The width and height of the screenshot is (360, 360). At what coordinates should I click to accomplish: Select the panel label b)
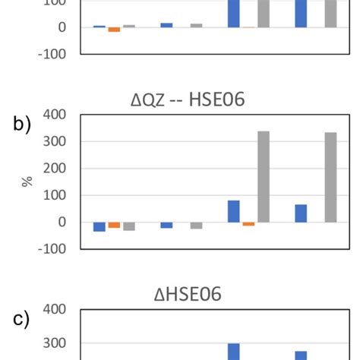tap(23, 125)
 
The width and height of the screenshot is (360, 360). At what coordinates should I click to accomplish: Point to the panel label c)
tap(23, 320)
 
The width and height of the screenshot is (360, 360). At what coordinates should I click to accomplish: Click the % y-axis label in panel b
tap(28, 182)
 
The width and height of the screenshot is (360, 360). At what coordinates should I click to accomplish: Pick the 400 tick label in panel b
tap(55, 115)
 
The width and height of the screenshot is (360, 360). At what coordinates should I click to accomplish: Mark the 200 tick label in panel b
tap(55, 169)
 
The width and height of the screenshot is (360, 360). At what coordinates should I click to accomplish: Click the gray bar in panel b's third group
tap(264, 176)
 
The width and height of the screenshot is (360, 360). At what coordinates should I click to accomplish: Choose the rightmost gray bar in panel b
tap(331, 177)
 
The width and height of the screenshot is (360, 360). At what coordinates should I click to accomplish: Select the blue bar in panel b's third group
tap(234, 211)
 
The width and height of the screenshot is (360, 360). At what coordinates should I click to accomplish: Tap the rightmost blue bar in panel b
tap(302, 213)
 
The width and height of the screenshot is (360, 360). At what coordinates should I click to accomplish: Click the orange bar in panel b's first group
tap(114, 225)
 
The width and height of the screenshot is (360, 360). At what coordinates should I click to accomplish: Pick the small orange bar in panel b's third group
tap(248, 224)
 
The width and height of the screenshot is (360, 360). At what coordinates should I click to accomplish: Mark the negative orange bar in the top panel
tap(114, 30)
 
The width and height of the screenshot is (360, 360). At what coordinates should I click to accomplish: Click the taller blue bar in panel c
tap(234, 352)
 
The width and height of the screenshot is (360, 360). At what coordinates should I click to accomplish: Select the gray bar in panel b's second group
tap(196, 226)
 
